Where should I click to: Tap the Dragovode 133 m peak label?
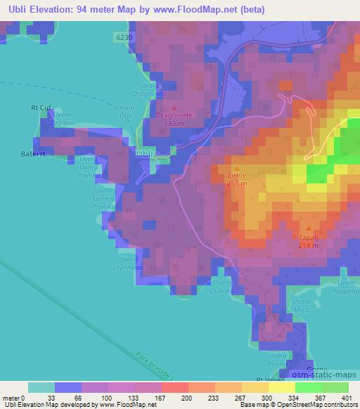174,116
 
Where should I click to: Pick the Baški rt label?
33,152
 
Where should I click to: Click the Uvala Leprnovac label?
127,263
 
